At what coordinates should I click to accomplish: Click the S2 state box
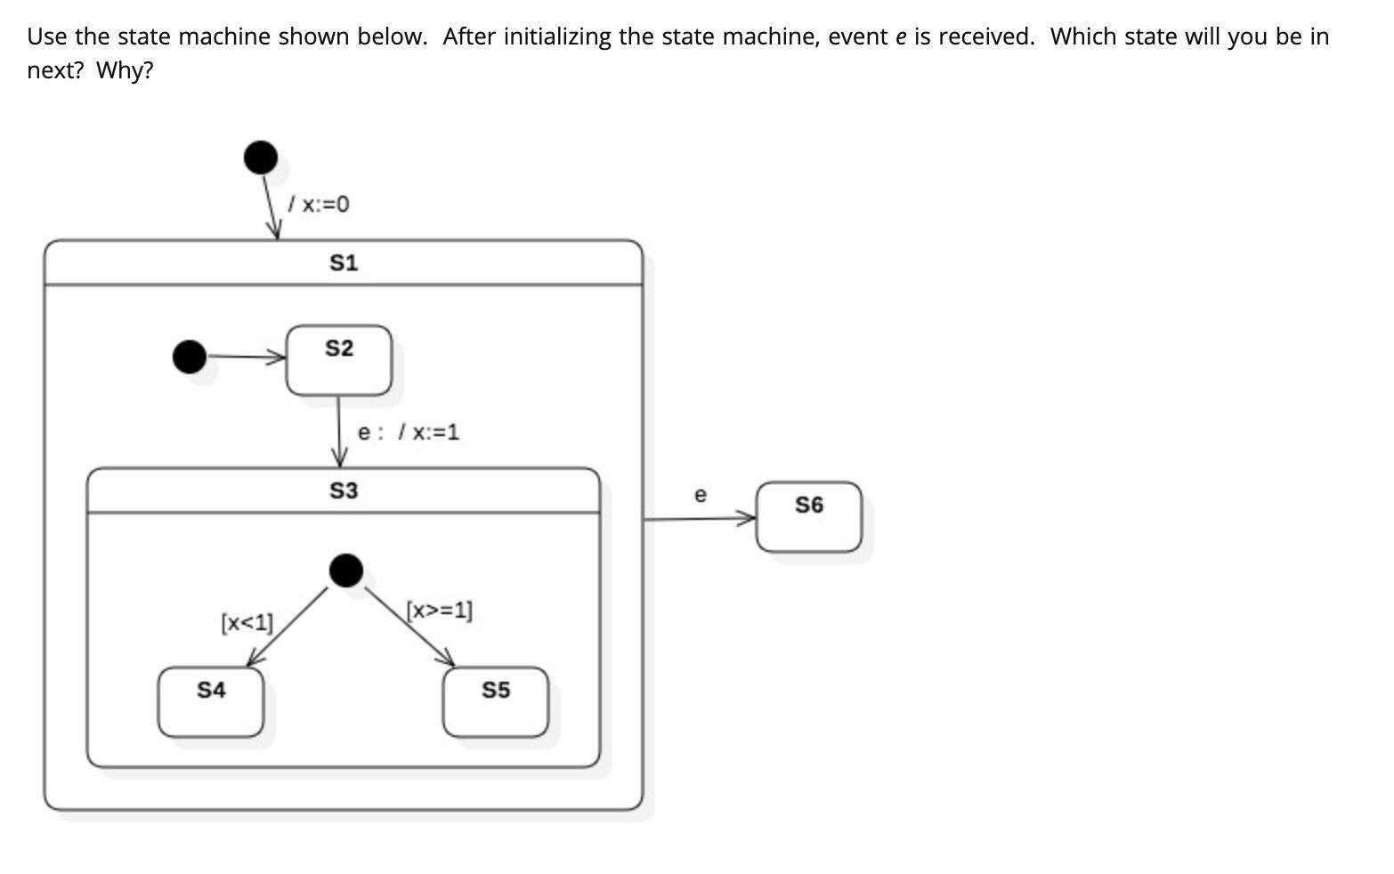(x=338, y=360)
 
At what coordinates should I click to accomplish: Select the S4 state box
(x=211, y=702)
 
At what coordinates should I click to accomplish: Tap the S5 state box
(x=496, y=702)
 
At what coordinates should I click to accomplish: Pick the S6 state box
(x=809, y=517)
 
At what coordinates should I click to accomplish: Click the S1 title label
(x=343, y=263)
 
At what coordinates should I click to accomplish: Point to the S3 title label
(x=343, y=490)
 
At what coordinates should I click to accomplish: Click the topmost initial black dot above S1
(x=261, y=158)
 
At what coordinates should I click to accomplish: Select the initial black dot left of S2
(x=189, y=357)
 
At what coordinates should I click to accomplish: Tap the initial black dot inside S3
(x=346, y=570)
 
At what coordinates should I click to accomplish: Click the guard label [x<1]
(x=247, y=622)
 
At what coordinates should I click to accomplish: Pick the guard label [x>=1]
(x=440, y=611)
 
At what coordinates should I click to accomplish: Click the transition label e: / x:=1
(x=408, y=433)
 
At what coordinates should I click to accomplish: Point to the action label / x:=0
(x=319, y=205)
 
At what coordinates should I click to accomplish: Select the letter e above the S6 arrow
(x=700, y=494)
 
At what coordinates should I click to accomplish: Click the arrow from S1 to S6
(x=699, y=518)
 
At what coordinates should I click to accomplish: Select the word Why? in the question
(x=125, y=70)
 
